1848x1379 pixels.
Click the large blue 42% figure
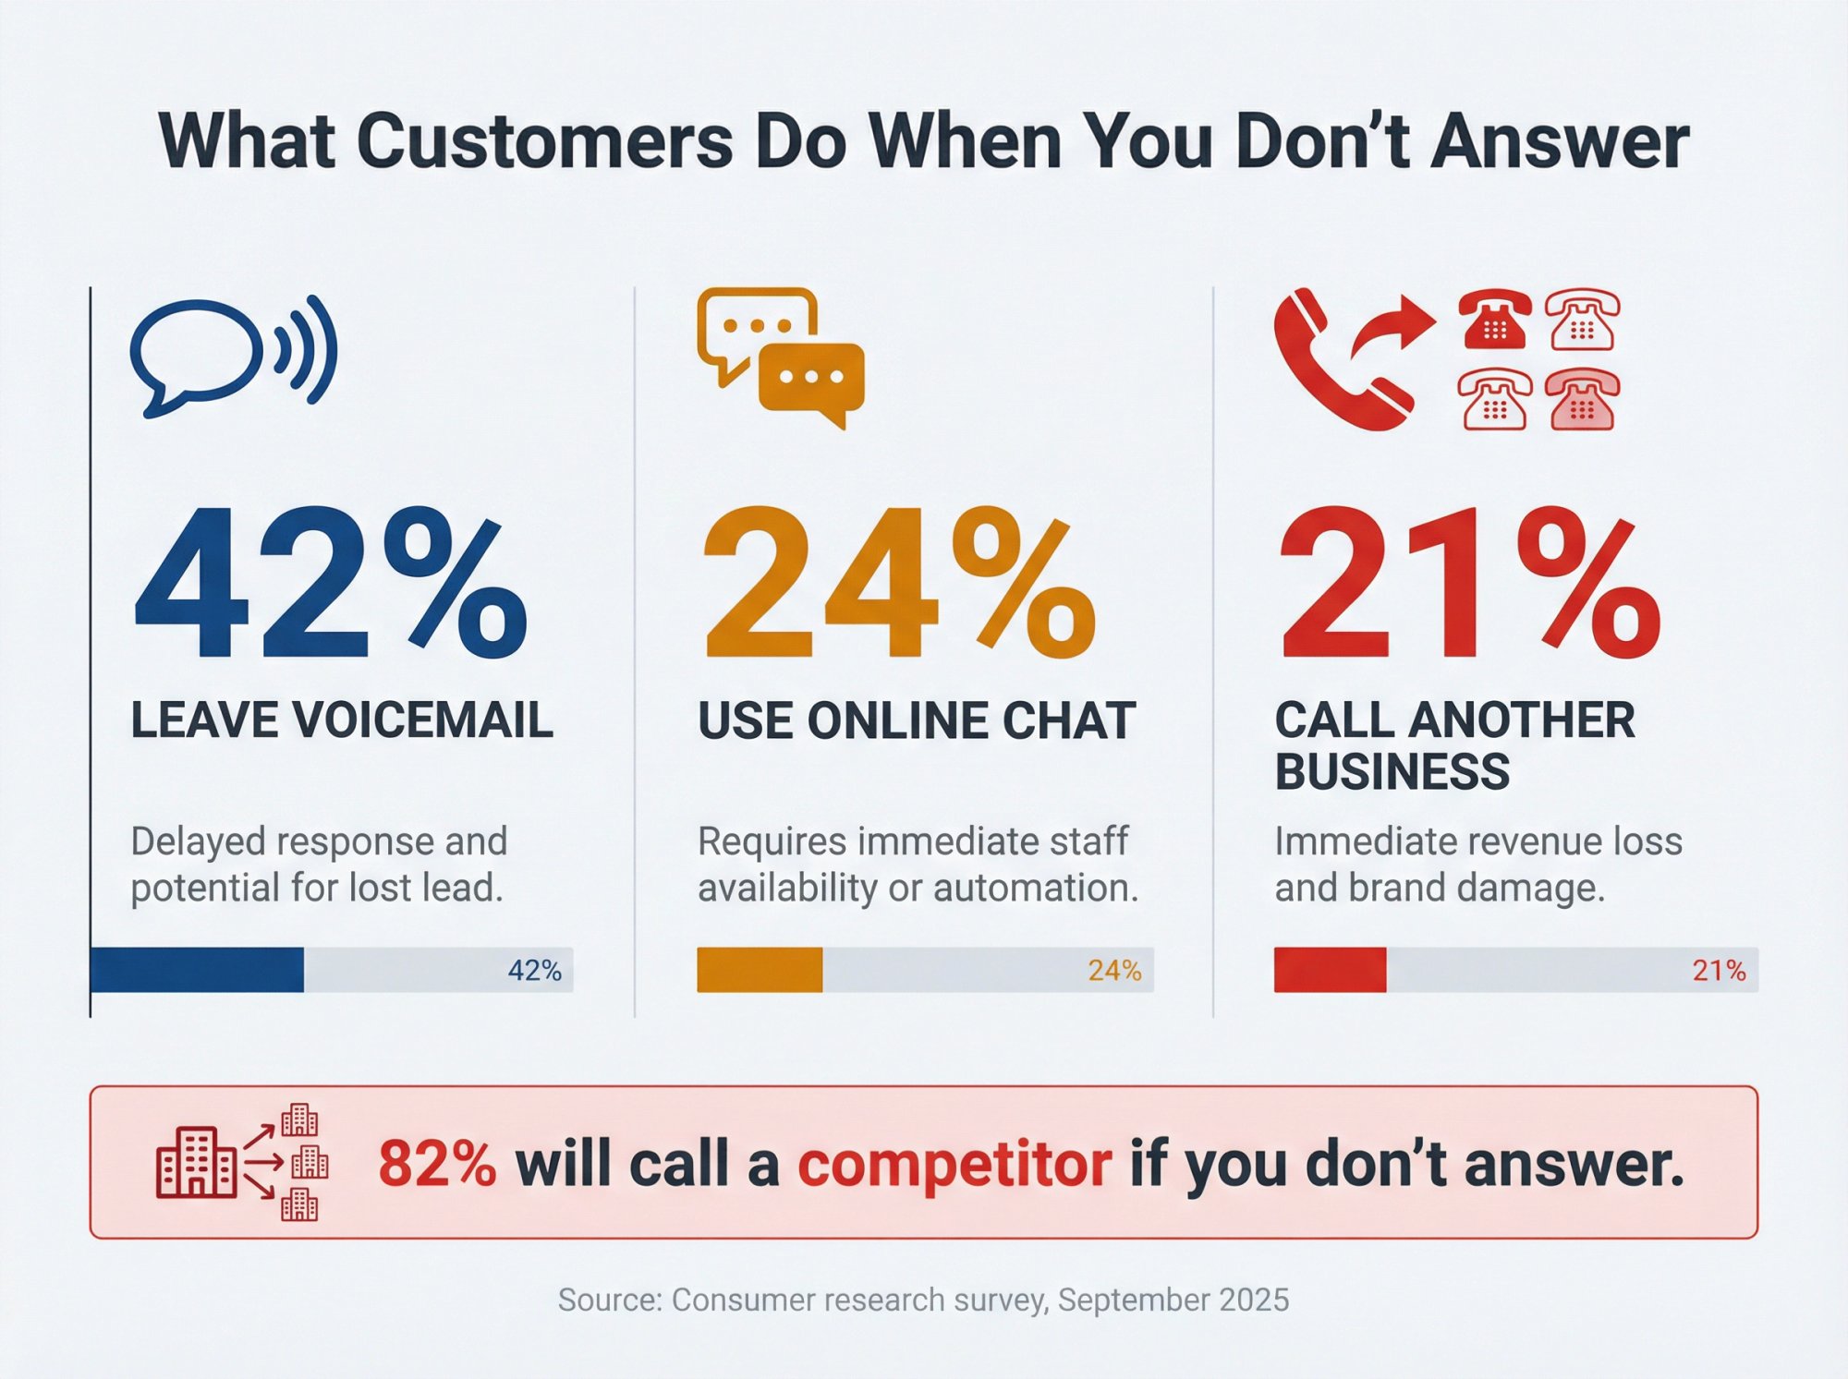pos(330,584)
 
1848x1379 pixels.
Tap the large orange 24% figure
pos(898,584)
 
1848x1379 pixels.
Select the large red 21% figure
pos(1469,584)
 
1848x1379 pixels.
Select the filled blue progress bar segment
pos(198,970)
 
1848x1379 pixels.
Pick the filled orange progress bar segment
pos(760,970)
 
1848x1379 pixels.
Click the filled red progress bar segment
pos(1330,970)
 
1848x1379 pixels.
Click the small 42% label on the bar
pos(534,970)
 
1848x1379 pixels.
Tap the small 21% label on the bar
pos(1719,970)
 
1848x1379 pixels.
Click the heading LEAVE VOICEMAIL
pos(342,720)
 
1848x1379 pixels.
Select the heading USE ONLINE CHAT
pos(916,720)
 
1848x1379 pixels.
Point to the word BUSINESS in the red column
pos(1392,771)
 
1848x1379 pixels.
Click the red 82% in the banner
pos(437,1163)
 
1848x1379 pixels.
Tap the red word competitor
pos(954,1163)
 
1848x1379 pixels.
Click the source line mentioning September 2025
pos(923,1300)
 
